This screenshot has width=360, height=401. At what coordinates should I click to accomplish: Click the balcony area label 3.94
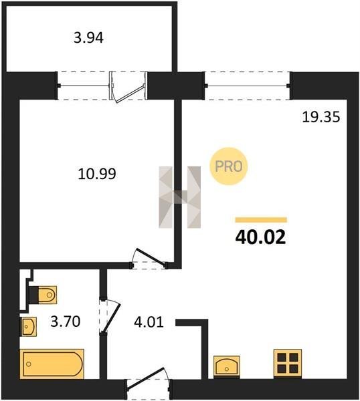(x=88, y=38)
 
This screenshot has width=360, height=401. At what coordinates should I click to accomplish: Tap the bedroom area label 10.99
(x=97, y=174)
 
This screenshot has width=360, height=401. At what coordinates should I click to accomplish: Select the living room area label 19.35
(x=321, y=118)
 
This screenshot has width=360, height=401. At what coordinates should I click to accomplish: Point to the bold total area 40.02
(x=260, y=237)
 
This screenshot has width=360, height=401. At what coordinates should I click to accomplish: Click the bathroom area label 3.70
(x=66, y=321)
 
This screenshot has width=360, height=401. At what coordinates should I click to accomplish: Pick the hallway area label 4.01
(x=149, y=322)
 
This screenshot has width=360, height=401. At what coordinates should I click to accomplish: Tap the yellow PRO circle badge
(x=229, y=166)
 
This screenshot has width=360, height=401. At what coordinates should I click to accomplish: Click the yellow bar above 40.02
(x=261, y=220)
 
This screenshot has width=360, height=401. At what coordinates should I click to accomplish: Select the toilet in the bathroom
(x=43, y=295)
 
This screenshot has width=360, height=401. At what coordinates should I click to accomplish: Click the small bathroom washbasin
(x=28, y=327)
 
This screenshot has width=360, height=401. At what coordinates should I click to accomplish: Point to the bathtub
(x=52, y=364)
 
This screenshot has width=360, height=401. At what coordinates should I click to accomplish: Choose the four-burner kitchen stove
(x=288, y=363)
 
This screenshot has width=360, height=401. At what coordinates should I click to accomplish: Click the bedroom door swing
(x=149, y=258)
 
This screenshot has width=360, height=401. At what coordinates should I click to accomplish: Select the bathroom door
(x=110, y=317)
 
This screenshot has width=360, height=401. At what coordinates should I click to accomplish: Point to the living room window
(x=248, y=86)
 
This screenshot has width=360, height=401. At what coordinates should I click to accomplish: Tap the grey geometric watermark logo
(x=180, y=197)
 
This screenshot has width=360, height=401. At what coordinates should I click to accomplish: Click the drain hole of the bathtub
(x=29, y=364)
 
